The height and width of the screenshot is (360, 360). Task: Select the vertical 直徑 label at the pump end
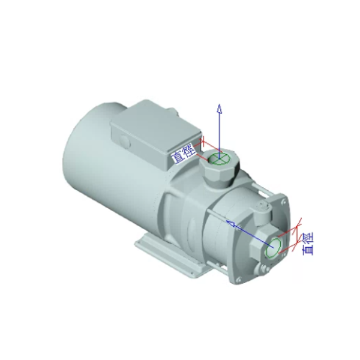click(308, 244)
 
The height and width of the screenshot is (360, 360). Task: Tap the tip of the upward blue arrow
click(220, 104)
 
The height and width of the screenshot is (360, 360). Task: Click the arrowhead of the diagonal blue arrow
click(230, 223)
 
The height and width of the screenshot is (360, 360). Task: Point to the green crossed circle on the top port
click(219, 158)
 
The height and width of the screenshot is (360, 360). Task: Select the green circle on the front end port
click(273, 247)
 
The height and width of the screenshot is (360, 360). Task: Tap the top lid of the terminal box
click(156, 125)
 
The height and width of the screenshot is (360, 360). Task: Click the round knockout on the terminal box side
click(125, 142)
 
